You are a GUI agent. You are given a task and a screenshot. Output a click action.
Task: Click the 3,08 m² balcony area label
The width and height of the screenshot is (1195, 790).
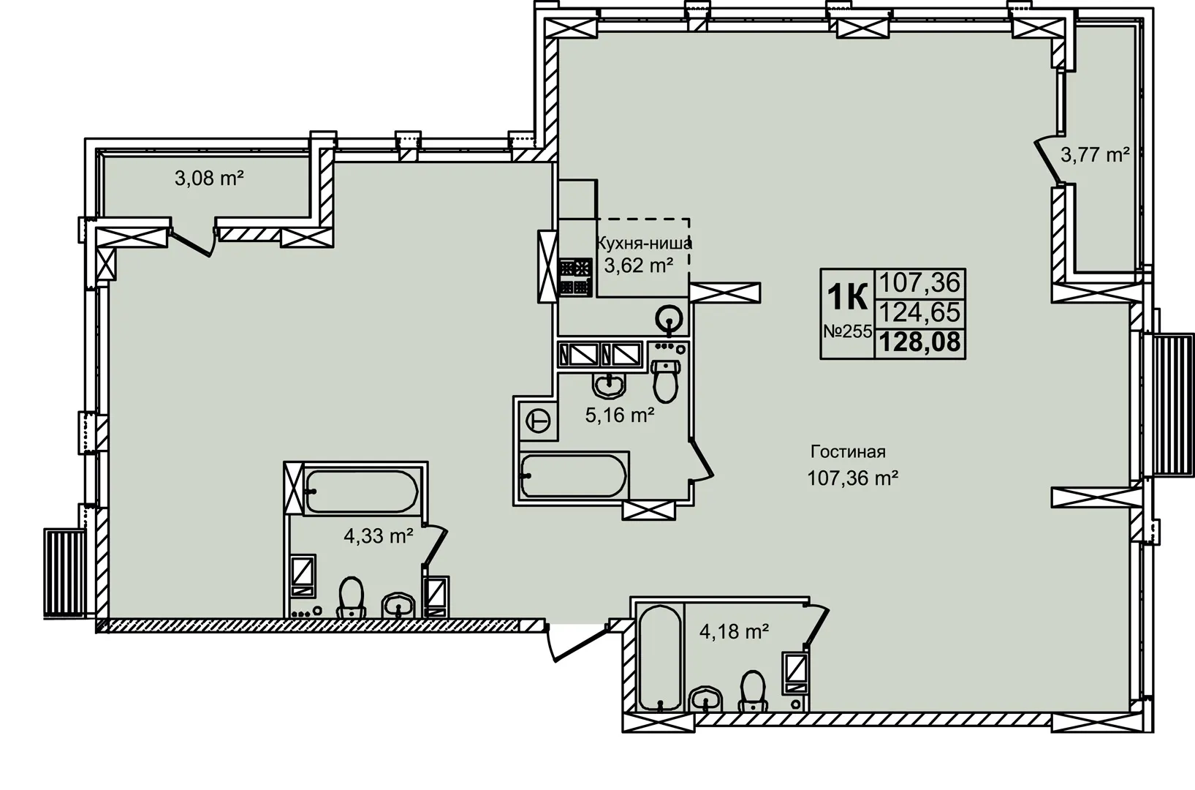click(209, 178)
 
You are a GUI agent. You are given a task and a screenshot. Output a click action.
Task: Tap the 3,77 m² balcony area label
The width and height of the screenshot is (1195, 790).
click(1096, 155)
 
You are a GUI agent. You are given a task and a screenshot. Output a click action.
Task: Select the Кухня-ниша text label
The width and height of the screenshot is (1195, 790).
click(644, 244)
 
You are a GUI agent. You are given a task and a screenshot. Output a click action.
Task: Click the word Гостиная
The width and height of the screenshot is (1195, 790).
click(849, 451)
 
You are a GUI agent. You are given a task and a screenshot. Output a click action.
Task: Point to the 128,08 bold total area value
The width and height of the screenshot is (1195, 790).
click(919, 342)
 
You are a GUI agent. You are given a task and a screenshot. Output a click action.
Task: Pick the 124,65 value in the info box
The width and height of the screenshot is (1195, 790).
click(919, 312)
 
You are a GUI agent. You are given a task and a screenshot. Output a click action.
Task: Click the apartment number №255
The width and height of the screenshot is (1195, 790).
click(848, 331)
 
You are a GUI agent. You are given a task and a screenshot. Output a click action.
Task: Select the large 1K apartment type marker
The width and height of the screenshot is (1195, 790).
click(847, 297)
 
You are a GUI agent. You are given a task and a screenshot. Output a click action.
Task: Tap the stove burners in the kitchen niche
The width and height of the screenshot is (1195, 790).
click(576, 277)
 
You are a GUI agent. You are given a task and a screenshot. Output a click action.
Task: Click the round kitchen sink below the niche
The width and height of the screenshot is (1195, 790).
click(669, 320)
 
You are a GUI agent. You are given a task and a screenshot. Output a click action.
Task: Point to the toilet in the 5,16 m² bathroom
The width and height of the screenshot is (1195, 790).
click(665, 380)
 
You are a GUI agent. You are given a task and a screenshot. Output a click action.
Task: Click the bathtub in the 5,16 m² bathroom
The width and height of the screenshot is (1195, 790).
click(574, 475)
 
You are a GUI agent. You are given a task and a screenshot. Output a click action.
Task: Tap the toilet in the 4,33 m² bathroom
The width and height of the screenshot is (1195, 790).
click(351, 597)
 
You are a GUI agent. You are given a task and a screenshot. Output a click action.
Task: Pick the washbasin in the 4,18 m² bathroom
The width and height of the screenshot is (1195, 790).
click(706, 699)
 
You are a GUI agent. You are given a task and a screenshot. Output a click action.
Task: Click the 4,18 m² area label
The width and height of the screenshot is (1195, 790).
click(734, 632)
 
